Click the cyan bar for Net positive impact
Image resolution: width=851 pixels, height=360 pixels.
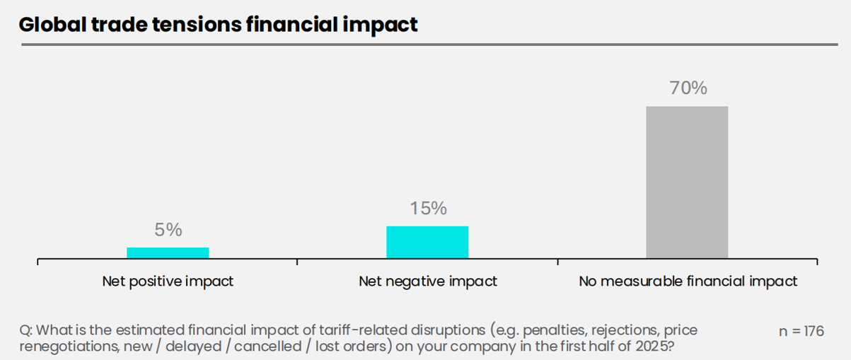coord(168,252)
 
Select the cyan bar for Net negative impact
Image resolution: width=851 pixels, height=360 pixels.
coord(427,242)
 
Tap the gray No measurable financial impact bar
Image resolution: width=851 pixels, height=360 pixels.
coord(687,182)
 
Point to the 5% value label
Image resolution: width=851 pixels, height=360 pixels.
coord(168,230)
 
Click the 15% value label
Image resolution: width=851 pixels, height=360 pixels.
coord(428,209)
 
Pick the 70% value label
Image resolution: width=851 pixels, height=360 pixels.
coord(688,88)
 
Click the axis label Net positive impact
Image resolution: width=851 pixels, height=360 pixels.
coord(168,281)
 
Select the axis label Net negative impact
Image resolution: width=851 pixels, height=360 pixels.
coord(428,281)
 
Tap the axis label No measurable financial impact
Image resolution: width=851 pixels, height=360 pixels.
coord(688,281)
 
